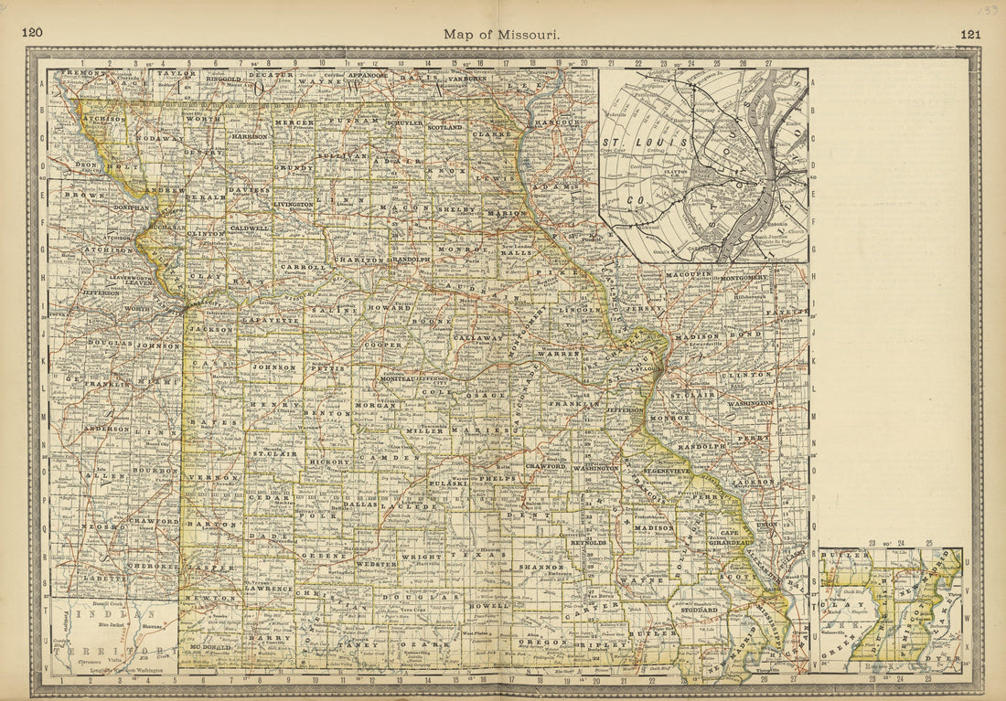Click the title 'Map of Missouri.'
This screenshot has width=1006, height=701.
pos(502,34)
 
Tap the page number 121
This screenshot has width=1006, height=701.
pos(970,34)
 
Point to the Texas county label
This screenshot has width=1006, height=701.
pos(490,555)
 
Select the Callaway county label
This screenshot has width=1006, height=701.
pos(478,337)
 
